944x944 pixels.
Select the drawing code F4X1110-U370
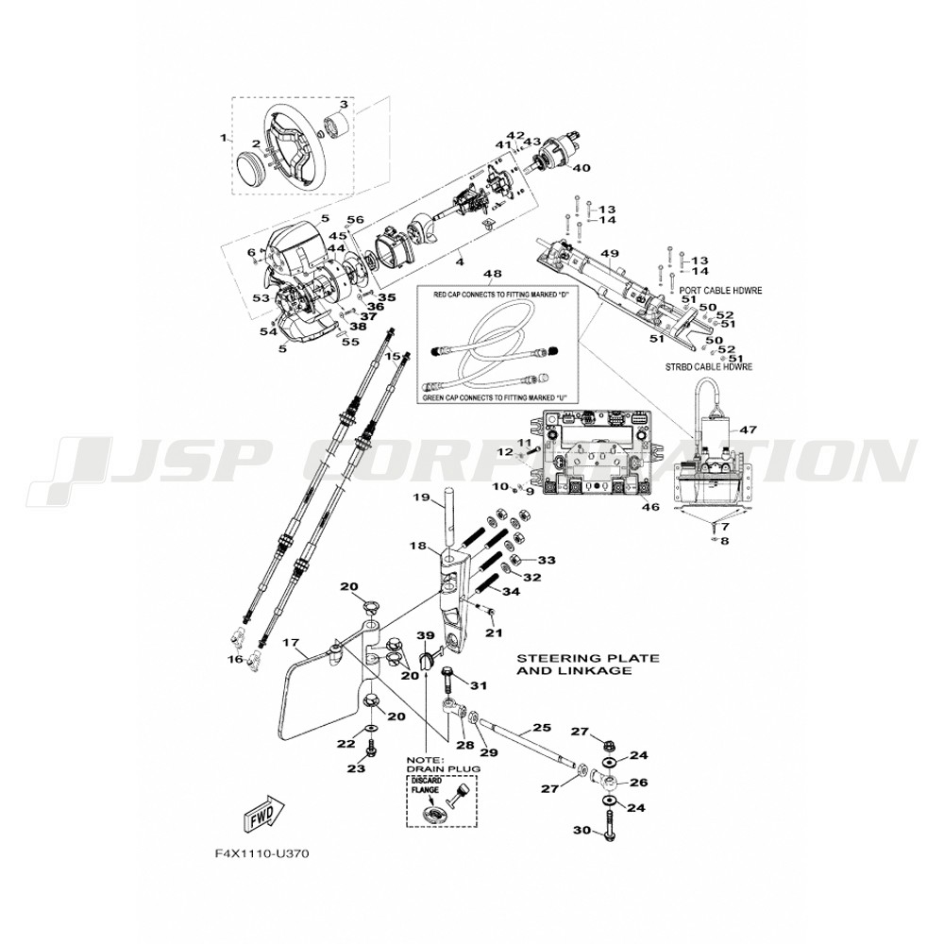pos(261,853)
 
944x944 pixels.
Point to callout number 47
pos(748,430)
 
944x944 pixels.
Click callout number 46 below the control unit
pos(650,507)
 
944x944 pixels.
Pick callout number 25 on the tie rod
pos(541,728)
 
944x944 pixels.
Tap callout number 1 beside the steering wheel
pos(224,138)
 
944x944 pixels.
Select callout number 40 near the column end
pos(581,168)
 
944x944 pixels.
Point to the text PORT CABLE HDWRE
pos(720,290)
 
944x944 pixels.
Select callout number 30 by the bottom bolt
pos(582,831)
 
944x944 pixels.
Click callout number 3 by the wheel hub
pos(344,105)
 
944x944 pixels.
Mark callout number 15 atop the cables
pos(393,356)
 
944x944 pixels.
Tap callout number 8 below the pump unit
pos(724,541)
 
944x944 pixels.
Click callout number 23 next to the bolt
pos(355,768)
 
